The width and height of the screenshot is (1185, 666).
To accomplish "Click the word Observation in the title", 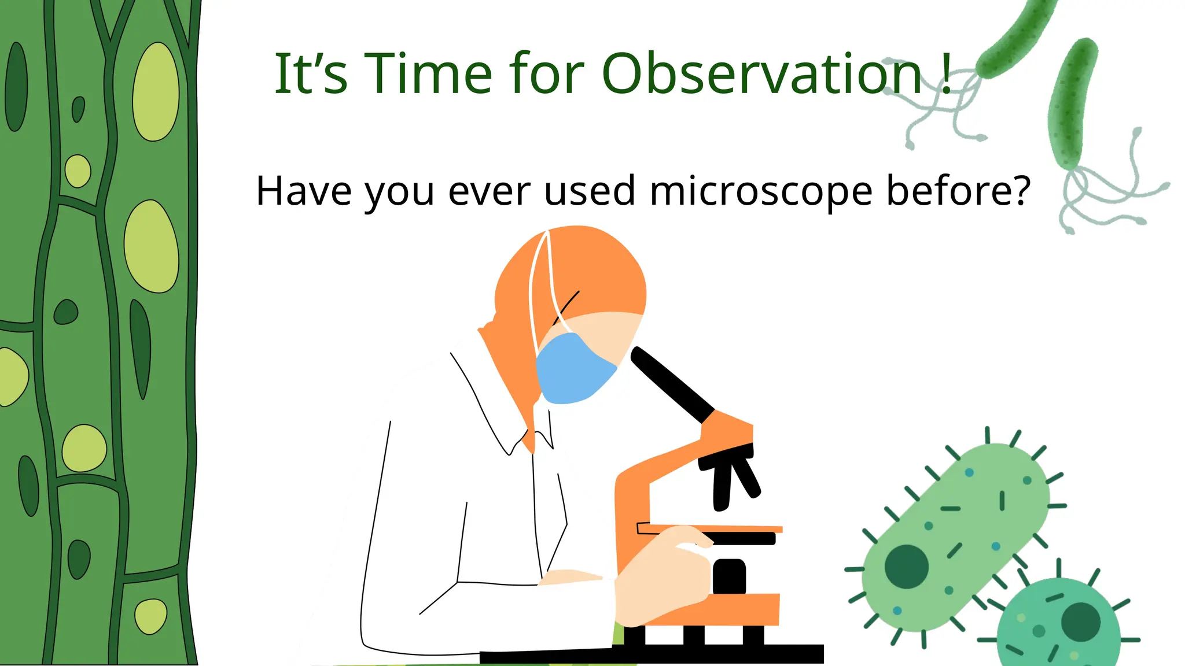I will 761,73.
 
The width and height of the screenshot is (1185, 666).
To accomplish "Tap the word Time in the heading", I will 428,73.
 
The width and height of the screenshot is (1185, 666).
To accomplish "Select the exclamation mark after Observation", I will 946,73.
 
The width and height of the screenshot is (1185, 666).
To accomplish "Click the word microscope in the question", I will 760,191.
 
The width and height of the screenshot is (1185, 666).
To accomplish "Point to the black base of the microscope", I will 654,654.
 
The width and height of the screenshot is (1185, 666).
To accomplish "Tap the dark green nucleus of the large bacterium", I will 906,567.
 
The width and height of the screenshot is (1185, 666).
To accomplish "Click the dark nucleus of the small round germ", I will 1080,621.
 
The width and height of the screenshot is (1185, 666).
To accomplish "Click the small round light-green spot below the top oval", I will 78,171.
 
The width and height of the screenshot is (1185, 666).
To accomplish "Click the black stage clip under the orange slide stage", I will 744,539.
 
